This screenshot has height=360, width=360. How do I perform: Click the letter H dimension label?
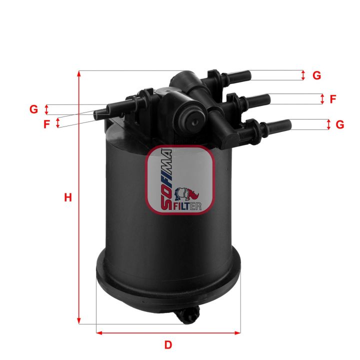click(x=68, y=197)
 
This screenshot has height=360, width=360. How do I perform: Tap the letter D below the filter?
click(x=168, y=344)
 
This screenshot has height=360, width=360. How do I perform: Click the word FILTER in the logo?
click(x=187, y=205)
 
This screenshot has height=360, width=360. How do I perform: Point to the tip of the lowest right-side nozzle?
click(x=289, y=124)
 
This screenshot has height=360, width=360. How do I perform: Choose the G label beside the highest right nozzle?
click(x=316, y=76)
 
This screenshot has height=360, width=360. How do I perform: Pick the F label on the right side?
click(x=332, y=99)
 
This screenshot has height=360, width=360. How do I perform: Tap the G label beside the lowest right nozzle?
click(x=339, y=124)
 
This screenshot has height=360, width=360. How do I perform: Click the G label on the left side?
click(x=34, y=109)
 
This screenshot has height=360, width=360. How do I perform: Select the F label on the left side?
click(x=46, y=123)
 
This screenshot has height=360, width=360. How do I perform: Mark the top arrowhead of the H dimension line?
click(x=79, y=73)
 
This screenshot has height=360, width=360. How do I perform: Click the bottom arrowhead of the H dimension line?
click(x=79, y=321)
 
